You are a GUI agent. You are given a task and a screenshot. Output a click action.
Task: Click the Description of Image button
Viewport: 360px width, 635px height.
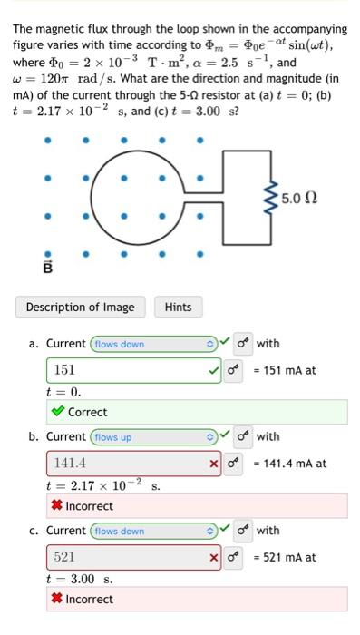click(x=80, y=307)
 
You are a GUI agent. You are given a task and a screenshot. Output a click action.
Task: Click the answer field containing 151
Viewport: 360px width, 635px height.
click(x=127, y=370)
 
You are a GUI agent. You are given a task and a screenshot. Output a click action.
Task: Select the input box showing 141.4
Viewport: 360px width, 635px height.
click(x=127, y=464)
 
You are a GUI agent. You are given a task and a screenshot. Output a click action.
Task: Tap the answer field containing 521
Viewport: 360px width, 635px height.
click(x=127, y=556)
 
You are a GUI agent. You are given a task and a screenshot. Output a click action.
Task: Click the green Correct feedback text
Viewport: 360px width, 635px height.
click(x=87, y=412)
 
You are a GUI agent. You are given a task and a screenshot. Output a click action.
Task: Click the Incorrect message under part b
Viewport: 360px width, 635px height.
click(x=89, y=505)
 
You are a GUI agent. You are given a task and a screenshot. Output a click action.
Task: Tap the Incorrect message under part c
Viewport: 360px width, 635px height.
click(x=89, y=599)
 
